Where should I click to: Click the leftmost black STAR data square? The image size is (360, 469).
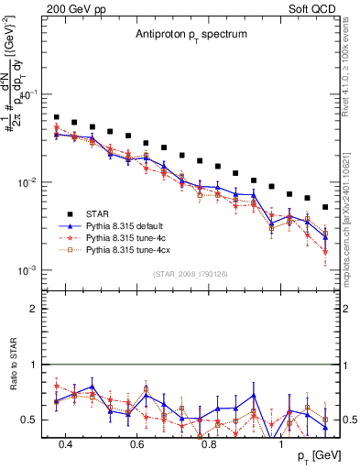[x=57, y=117]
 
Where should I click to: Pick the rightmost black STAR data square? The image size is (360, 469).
[x=325, y=207]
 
